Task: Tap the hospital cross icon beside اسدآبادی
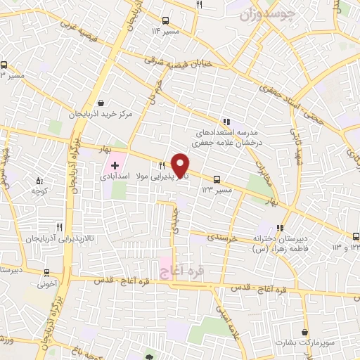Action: pyautogui.click(x=115, y=165)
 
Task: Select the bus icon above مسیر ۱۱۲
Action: pyautogui.click(x=165, y=21)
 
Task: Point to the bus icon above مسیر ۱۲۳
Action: pyautogui.click(x=217, y=179)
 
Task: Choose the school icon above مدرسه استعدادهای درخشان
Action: pyautogui.click(x=226, y=120)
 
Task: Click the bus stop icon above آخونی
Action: pyautogui.click(x=46, y=273)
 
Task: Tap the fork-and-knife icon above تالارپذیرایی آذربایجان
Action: pyautogui.click(x=59, y=227)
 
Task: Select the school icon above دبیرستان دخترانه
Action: pyautogui.click(x=279, y=227)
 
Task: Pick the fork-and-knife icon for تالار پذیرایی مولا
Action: pyautogui.click(x=162, y=164)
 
